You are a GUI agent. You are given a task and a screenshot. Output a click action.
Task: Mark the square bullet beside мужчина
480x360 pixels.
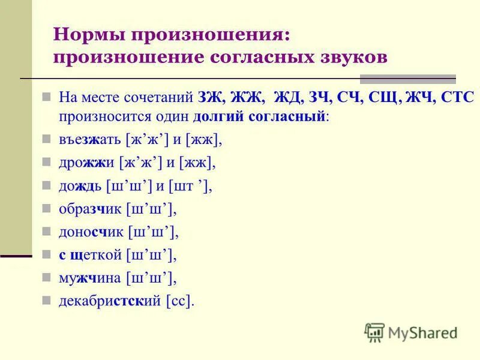click(x=46, y=277)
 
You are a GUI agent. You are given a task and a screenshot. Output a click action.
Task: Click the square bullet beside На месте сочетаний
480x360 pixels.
click(x=46, y=97)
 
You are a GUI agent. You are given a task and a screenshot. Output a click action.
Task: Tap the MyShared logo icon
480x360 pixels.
click(x=374, y=332)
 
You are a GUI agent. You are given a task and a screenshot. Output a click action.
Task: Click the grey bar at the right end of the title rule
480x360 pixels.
click(x=407, y=79)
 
